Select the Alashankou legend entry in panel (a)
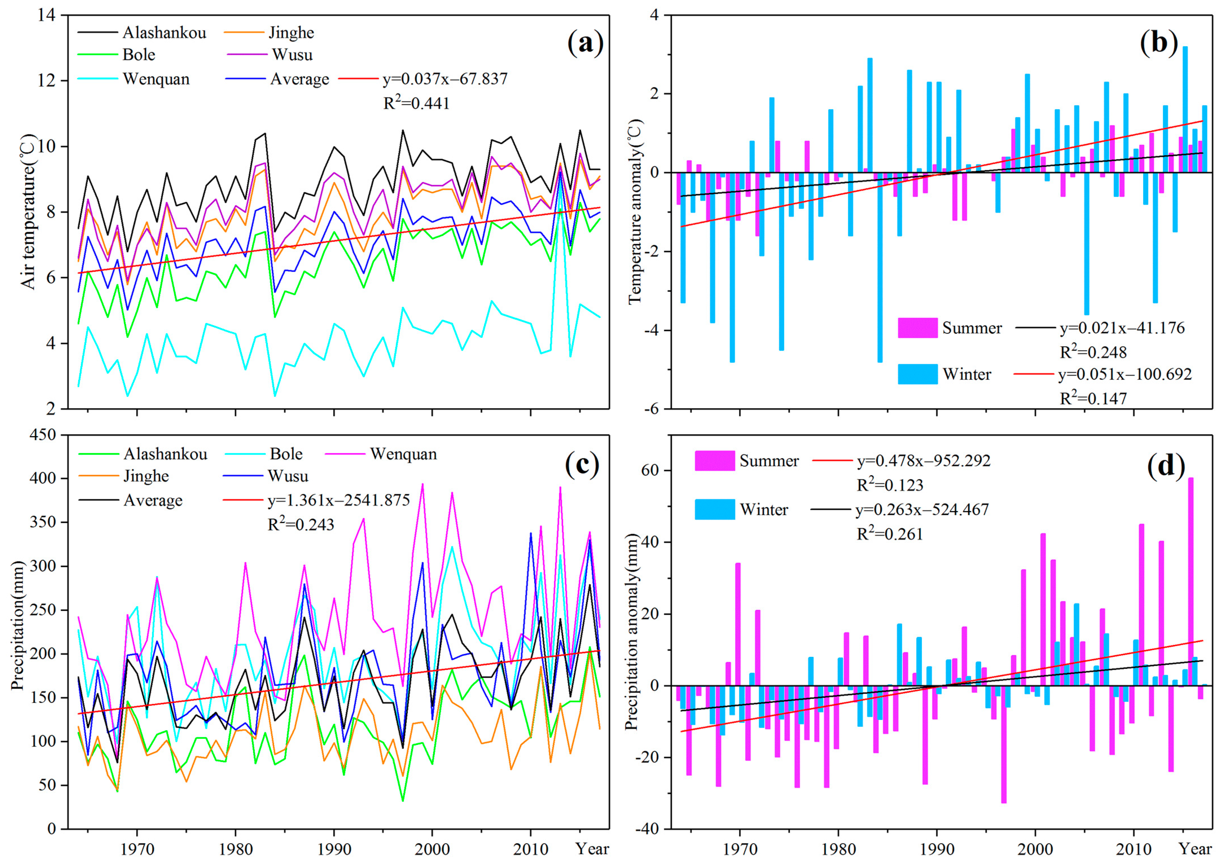pyautogui.click(x=164, y=32)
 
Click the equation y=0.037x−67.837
pyautogui.click(x=445, y=79)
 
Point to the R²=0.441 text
pyautogui.click(x=416, y=103)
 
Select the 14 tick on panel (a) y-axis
pyautogui.click(x=48, y=16)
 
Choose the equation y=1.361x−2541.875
pyautogui.click(x=339, y=500)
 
